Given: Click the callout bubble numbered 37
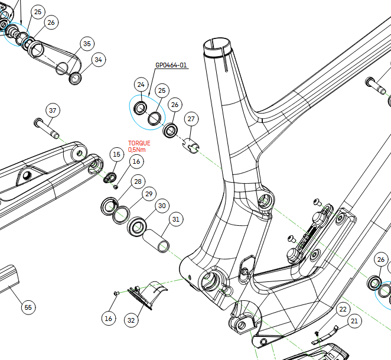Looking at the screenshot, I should pos(53,111).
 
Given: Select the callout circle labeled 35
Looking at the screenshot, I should pos(87,44).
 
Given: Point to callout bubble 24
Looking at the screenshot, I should pos(141,85).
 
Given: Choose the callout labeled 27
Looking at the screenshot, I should pos(191,119).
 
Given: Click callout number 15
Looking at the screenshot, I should pos(116,154).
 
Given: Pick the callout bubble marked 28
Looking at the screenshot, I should pos(138,181).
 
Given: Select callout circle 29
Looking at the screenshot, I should pos(149,194).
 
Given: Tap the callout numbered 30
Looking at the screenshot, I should pos(162,206).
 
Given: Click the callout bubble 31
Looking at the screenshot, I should pos(175,219).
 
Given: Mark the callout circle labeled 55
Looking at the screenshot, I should pos(28,307).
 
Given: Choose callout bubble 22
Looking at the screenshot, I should pos(343,309).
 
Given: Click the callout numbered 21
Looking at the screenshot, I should pos(354,322).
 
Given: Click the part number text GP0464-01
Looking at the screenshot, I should pos(171,65).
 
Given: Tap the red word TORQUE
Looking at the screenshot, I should pos(139,143).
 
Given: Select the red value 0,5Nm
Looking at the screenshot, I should pos(137,150).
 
